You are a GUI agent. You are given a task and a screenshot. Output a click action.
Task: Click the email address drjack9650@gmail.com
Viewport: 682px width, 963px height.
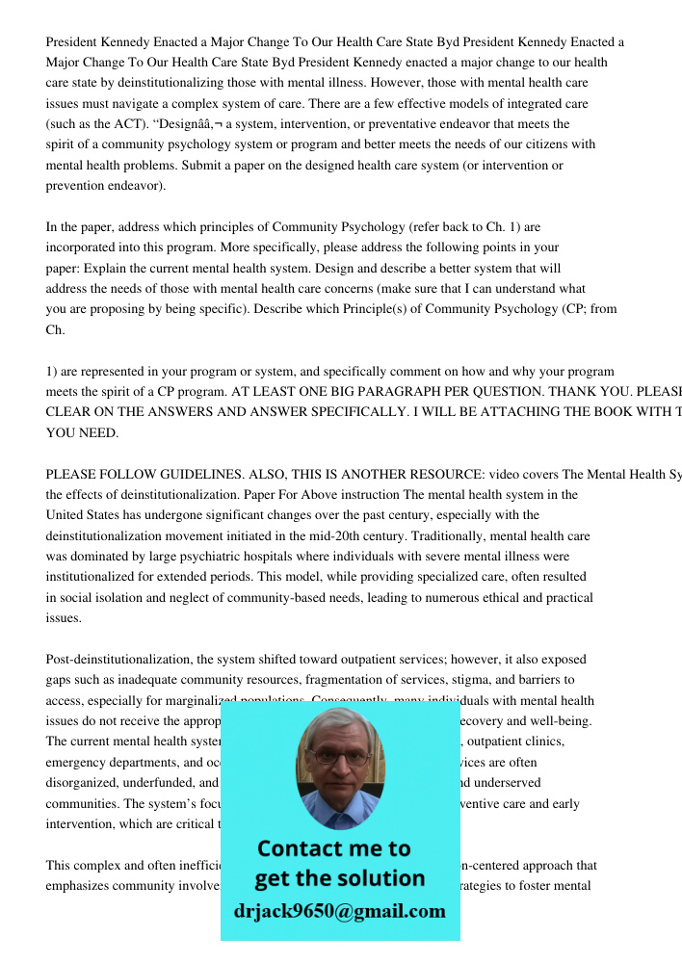pyautogui.click(x=339, y=911)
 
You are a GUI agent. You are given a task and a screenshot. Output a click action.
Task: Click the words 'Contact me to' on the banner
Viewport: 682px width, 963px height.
pyautogui.click(x=334, y=848)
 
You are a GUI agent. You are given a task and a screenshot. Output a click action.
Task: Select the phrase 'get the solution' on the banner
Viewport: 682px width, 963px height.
pyautogui.click(x=339, y=878)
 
